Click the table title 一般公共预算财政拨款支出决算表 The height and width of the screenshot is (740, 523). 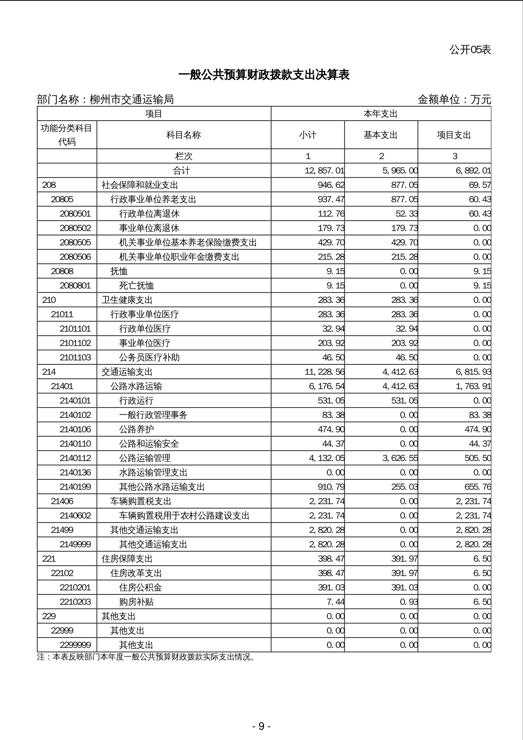coord(264,75)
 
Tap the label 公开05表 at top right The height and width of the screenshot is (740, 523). coord(470,50)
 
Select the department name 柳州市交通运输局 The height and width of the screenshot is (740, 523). coord(132,100)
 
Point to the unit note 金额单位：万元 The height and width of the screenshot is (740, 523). coord(454,100)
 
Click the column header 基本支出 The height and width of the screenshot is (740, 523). coord(381,135)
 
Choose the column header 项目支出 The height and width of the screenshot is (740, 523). coord(454,135)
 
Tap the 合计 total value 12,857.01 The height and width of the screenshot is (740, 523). coord(324,171)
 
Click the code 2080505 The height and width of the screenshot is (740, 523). coord(75,243)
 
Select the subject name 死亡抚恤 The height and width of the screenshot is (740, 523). coord(136,286)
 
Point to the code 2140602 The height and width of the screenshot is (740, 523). coord(75,516)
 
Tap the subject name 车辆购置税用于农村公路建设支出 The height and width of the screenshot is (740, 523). coord(184,516)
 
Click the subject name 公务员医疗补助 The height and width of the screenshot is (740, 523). coord(149,358)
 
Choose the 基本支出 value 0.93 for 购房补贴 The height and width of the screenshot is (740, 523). coord(409,602)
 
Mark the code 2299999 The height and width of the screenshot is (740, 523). coord(75,645)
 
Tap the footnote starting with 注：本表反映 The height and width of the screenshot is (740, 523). coord(146,657)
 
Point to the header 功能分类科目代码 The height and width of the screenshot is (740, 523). coord(66,135)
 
